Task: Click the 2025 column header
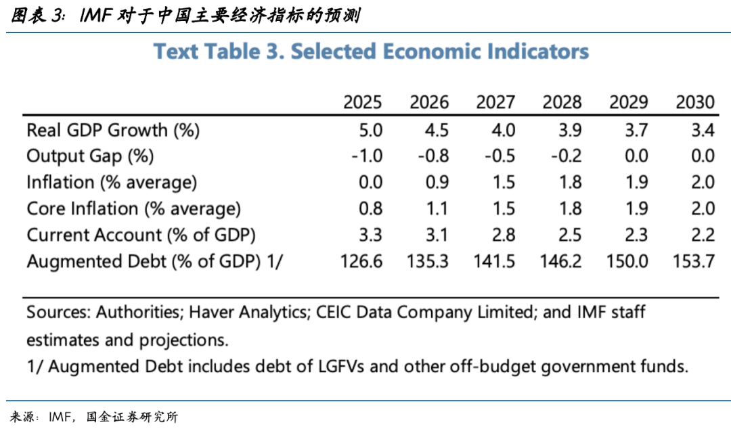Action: coord(362,103)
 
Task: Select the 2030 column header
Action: coord(695,103)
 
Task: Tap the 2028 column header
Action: coord(562,103)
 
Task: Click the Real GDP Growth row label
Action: coord(113,130)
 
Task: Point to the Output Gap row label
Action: coord(90,156)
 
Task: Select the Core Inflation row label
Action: coord(133,209)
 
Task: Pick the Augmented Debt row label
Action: coord(154,262)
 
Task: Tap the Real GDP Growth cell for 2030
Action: coord(703,130)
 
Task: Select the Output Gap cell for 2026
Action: coord(433,156)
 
